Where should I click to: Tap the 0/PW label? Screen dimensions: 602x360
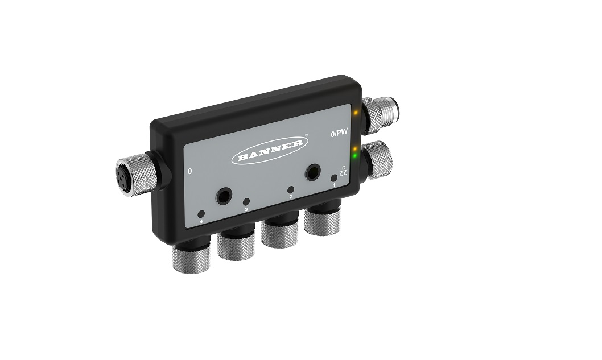click(339, 133)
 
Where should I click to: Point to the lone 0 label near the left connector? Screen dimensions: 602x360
click(189, 171)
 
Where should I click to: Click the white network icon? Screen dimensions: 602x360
click(344, 171)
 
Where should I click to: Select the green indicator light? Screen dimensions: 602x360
click(356, 156)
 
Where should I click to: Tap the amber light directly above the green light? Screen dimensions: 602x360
click(356, 148)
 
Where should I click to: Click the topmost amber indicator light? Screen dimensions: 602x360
click(356, 113)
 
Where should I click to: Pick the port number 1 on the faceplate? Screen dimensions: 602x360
click(333, 185)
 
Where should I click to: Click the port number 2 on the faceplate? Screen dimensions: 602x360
click(291, 197)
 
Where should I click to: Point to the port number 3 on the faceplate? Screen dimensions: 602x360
click(246, 209)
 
